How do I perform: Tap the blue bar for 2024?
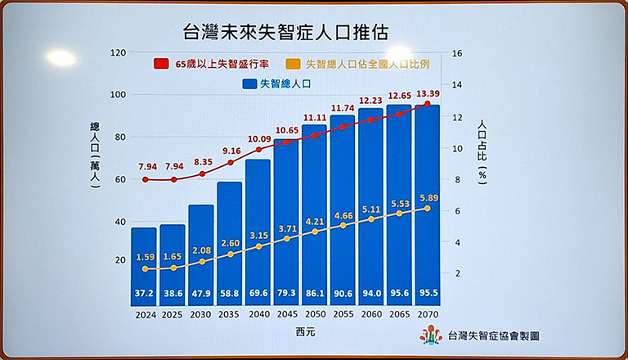pos(144,262)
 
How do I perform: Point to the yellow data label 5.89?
pos(428,197)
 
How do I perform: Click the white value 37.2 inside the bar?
pos(144,293)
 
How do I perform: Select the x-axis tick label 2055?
pos(343,313)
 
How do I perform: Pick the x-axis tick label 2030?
pos(200,313)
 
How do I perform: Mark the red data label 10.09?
pos(258,138)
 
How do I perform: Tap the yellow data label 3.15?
pos(258,236)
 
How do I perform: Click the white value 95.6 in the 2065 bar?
pos(399,293)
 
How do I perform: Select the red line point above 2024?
pos(145,179)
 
